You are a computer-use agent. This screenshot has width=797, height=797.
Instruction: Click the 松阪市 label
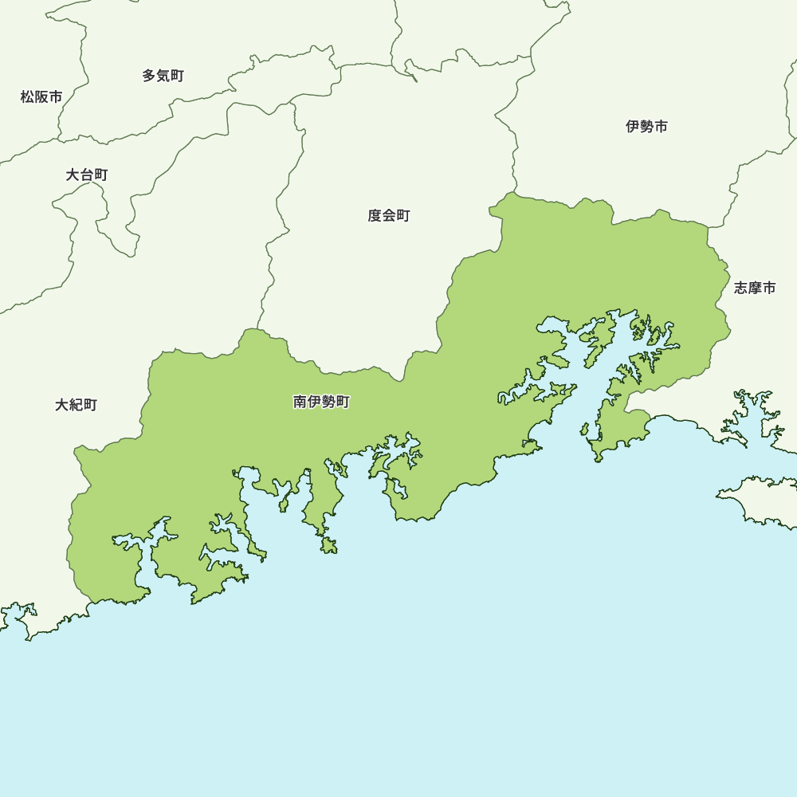click(41, 97)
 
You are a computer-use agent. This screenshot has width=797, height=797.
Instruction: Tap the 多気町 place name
click(163, 76)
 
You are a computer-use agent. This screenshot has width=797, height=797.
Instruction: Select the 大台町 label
click(86, 175)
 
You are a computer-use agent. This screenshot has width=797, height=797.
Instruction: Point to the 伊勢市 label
click(646, 126)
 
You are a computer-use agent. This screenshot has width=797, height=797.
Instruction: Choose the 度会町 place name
click(389, 215)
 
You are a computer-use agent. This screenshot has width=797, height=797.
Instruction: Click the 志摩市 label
click(754, 288)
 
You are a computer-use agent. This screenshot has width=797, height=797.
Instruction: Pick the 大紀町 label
click(76, 405)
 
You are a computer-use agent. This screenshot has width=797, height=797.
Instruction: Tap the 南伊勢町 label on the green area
click(321, 402)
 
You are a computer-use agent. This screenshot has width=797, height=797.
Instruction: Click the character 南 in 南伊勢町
click(300, 402)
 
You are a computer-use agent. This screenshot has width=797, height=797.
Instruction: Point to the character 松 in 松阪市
click(27, 97)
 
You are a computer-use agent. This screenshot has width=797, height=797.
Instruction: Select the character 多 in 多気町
click(149, 76)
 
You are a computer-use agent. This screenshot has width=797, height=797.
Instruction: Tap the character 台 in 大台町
click(86, 175)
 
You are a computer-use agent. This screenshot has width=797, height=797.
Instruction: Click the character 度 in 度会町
click(375, 215)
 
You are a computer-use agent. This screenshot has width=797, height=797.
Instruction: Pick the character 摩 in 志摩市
click(754, 288)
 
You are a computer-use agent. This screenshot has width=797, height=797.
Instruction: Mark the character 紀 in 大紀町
click(76, 405)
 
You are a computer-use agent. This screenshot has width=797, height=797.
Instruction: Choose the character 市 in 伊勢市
click(661, 126)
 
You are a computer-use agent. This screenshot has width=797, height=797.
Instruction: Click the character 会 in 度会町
click(389, 215)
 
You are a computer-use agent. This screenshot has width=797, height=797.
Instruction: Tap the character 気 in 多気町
click(163, 76)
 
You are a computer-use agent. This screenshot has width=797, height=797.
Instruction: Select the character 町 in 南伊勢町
click(343, 402)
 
